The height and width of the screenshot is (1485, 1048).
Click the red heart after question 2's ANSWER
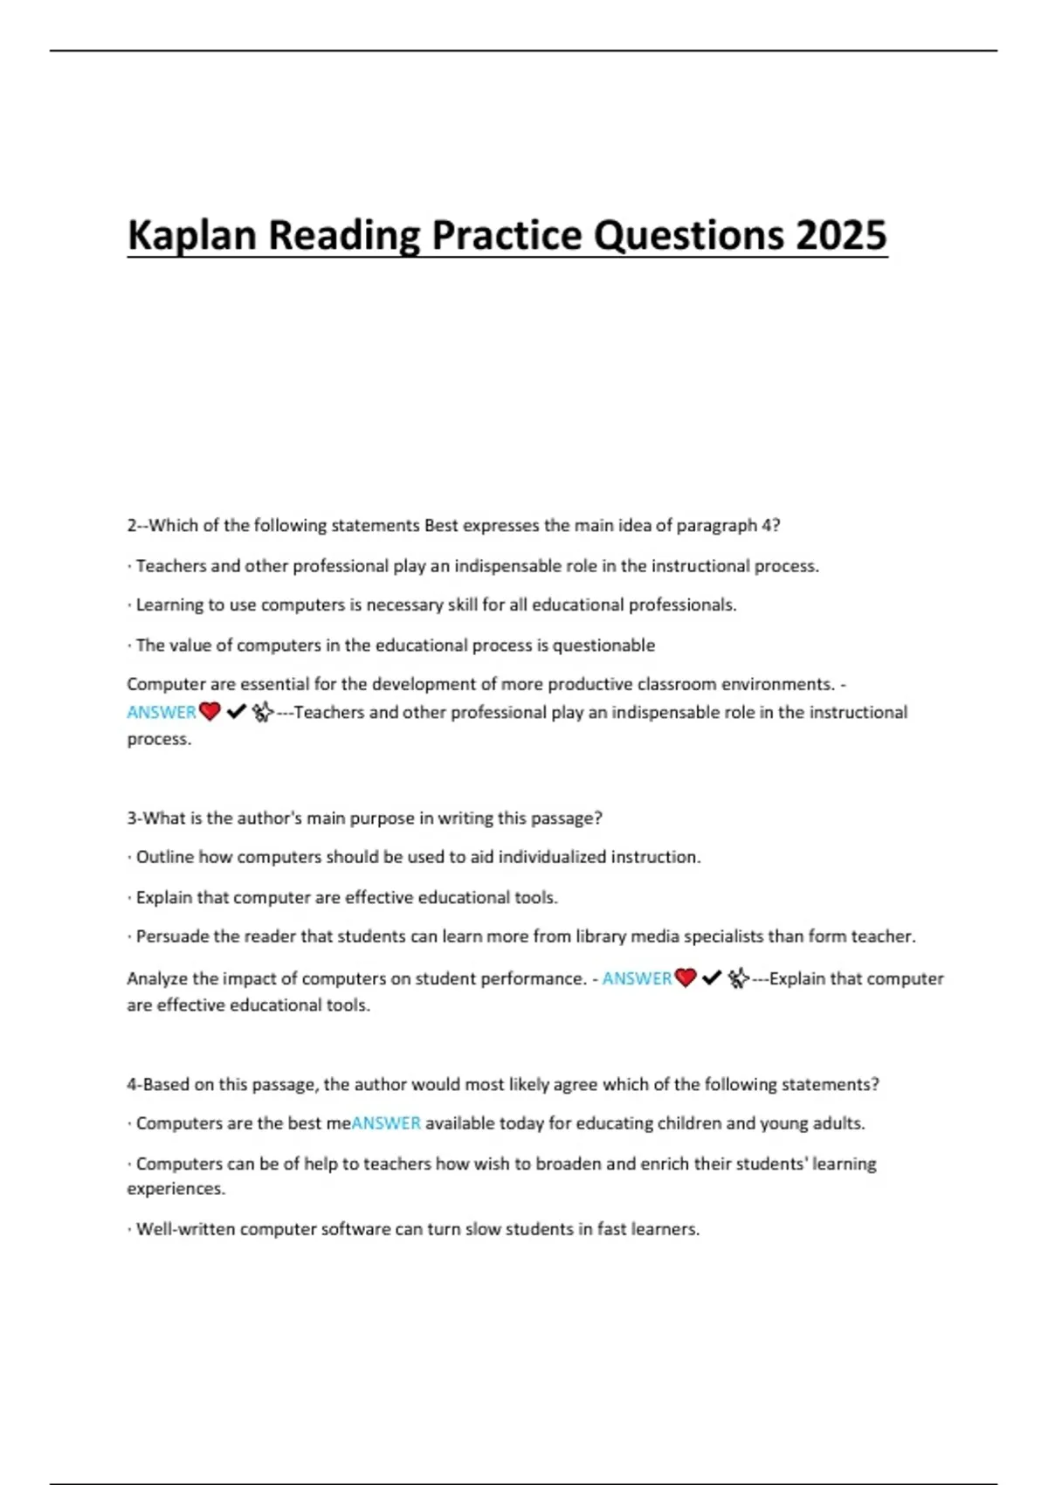[210, 712]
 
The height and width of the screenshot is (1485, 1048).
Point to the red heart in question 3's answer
[686, 978]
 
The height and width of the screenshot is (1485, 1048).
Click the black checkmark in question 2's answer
[236, 712]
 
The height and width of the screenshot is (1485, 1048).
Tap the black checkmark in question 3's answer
[712, 978]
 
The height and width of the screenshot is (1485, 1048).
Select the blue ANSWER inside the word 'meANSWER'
[386, 1123]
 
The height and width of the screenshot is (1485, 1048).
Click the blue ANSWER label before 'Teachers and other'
[162, 712]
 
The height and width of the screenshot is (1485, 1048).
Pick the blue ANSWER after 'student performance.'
[637, 978]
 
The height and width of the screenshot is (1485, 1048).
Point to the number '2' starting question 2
[132, 526]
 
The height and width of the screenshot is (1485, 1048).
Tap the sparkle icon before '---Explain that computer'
[739, 978]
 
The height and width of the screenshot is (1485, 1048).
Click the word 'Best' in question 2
[441, 526]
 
